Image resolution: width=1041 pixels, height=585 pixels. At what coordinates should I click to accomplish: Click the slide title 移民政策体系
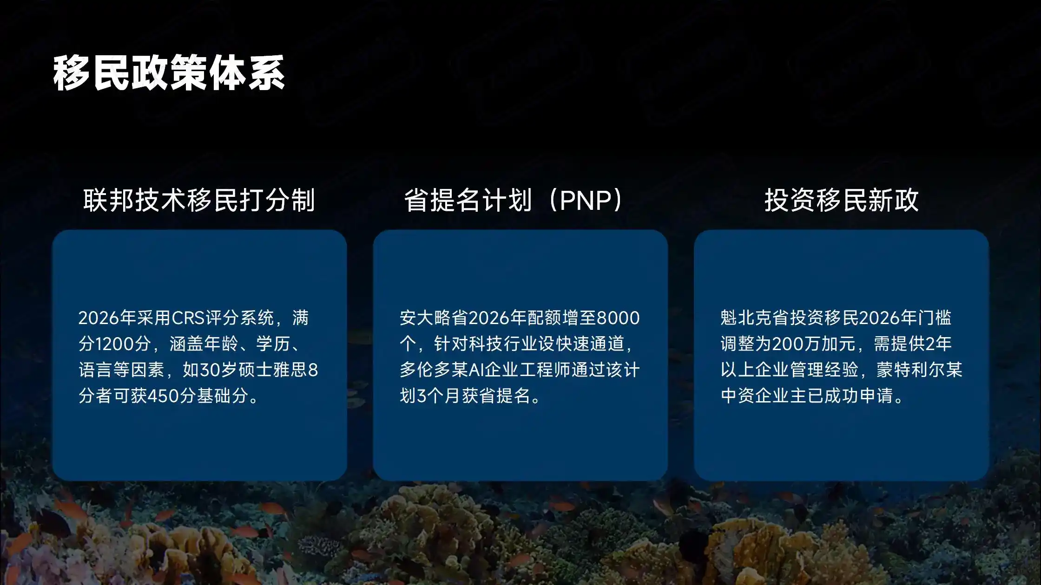[x=169, y=73]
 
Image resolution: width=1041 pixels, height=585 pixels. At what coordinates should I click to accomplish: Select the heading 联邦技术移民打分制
[x=199, y=200]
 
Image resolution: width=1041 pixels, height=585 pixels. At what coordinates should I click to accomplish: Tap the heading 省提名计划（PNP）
[x=514, y=200]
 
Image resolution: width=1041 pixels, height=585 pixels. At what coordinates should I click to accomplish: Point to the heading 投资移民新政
[x=842, y=200]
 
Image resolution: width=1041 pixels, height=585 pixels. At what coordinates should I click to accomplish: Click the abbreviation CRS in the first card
[x=188, y=318]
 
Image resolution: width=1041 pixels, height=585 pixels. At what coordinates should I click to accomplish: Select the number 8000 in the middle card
[x=618, y=318]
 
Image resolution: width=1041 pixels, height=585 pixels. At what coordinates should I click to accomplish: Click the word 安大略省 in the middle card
[x=434, y=318]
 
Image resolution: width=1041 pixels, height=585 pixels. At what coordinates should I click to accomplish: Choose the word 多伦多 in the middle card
[x=425, y=370]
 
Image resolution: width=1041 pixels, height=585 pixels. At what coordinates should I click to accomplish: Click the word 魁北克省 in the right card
[x=755, y=318]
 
